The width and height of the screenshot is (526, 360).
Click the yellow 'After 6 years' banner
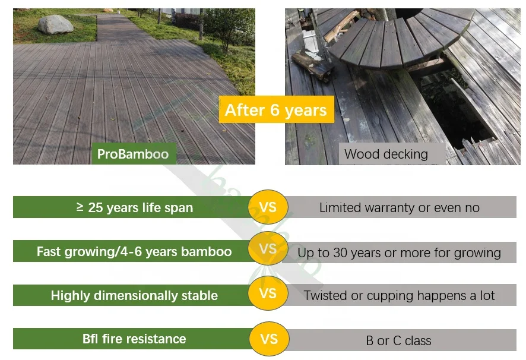click(x=275, y=110)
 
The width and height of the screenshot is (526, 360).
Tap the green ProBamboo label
click(x=133, y=154)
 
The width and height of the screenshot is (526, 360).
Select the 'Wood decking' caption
click(x=386, y=154)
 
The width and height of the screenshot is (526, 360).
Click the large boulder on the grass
click(x=56, y=25)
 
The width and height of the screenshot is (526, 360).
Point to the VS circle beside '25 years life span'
click(x=268, y=207)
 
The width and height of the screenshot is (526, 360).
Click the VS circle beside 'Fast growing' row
click(x=268, y=249)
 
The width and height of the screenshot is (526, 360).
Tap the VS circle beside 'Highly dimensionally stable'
click(x=268, y=293)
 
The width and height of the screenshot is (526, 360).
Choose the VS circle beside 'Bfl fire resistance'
click(x=268, y=339)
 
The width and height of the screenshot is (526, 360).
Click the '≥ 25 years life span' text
click(x=135, y=207)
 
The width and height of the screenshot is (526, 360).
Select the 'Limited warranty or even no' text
click(x=399, y=207)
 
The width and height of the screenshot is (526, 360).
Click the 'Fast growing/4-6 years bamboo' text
click(x=134, y=251)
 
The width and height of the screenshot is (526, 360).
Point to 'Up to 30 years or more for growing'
click(x=399, y=252)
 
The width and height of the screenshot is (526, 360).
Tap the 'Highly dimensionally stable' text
click(x=134, y=295)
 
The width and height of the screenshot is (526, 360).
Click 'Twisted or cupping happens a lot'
click(x=399, y=295)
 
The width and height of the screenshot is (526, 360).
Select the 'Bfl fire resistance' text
click(x=134, y=339)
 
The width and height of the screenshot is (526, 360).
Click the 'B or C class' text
click(x=398, y=341)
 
